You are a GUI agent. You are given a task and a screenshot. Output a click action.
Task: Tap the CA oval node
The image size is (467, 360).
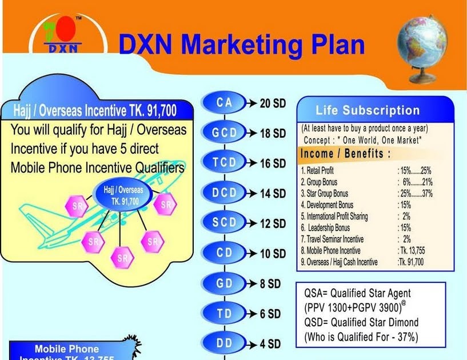(224, 103)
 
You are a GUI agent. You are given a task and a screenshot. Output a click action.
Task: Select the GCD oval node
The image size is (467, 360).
(224, 133)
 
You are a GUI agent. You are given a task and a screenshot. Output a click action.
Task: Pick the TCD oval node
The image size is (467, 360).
(224, 163)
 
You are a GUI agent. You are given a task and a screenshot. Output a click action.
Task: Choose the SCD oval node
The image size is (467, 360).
(224, 223)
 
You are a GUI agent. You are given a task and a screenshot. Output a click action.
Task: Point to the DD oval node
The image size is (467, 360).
(224, 343)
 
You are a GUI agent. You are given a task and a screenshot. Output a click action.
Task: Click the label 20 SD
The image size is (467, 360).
(273, 103)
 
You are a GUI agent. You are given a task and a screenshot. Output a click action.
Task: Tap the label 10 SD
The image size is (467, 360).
(273, 254)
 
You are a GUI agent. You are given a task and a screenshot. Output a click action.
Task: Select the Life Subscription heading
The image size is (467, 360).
(368, 111)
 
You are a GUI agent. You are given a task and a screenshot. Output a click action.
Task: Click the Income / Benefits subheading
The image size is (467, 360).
(346, 154)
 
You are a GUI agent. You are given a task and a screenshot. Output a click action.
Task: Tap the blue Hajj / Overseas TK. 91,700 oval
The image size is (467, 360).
(123, 194)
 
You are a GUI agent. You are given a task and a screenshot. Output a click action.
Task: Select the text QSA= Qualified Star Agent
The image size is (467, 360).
(357, 293)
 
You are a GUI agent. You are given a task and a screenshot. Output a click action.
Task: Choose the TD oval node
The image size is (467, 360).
(224, 313)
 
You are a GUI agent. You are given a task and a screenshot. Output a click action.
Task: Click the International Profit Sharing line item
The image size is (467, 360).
(334, 216)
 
